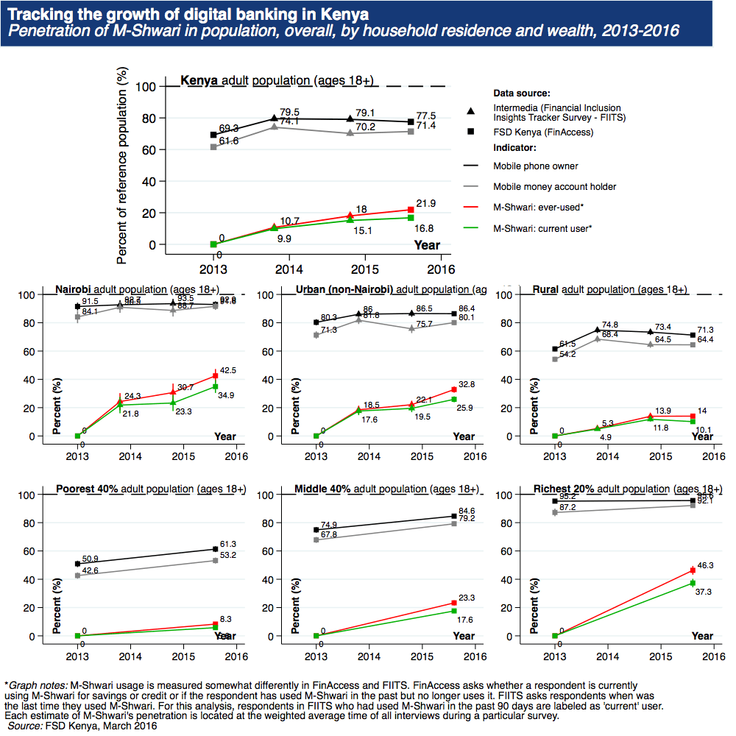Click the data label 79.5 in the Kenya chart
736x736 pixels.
click(289, 110)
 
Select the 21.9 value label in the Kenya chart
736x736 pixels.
click(428, 202)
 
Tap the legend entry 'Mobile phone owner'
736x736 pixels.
click(535, 166)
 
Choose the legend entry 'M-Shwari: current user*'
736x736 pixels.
click(542, 228)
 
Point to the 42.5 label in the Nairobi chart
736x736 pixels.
click(228, 370)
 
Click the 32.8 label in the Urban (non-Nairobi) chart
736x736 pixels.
click(467, 384)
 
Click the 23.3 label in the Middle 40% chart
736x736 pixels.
click(467, 598)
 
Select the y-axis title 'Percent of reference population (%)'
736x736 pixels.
click(122, 166)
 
